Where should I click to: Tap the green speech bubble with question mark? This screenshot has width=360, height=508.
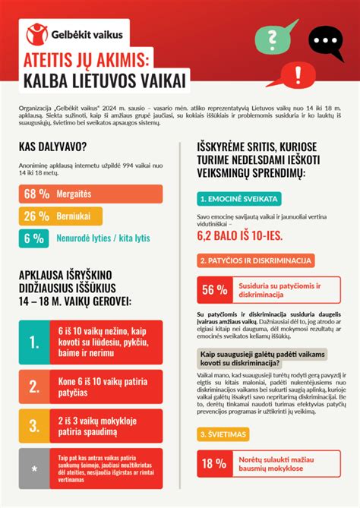(x=267, y=37)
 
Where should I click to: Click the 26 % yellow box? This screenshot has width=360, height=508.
(x=36, y=216)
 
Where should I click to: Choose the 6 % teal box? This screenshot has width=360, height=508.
(x=36, y=238)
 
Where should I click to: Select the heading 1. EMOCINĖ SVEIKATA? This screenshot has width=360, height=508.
(x=238, y=199)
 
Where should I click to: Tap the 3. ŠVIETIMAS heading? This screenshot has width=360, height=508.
(x=226, y=434)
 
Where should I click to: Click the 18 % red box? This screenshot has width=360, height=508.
(x=213, y=462)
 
